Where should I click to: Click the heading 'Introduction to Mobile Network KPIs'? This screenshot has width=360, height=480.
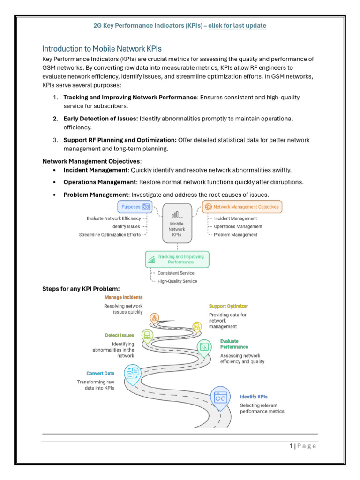102,49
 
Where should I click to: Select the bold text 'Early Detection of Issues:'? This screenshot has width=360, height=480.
101,119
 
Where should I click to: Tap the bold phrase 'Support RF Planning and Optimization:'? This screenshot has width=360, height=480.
120,140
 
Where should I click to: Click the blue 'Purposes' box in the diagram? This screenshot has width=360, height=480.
135,206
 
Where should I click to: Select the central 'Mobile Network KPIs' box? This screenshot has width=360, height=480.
177,223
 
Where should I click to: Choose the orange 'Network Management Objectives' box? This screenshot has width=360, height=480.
242,206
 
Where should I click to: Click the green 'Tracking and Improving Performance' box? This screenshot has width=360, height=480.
178,259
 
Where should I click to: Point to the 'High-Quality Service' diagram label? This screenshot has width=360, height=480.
177,281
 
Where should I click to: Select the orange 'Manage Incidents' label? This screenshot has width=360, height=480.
123,297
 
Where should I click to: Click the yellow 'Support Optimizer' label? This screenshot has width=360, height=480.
228,306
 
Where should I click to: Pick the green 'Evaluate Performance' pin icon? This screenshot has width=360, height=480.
204,347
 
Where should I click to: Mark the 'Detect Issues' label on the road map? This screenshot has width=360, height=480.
120,335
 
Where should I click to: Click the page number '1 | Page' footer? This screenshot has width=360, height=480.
303,446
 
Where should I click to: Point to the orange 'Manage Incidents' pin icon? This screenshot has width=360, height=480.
155,318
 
